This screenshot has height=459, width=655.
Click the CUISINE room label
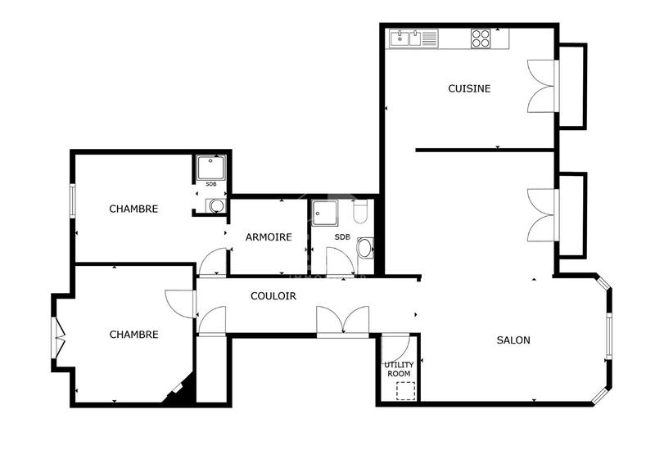click(x=469, y=88)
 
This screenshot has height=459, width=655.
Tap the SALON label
click(x=513, y=340)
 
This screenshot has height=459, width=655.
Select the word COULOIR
click(x=273, y=296)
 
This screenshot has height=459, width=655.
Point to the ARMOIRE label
click(x=269, y=237)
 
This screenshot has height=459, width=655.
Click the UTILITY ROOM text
click(x=399, y=369)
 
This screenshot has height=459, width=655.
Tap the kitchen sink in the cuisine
click(x=413, y=38)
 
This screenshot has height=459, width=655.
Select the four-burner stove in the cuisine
click(x=481, y=38)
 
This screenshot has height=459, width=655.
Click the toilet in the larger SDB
click(x=360, y=213)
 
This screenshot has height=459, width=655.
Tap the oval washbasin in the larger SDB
click(x=365, y=247)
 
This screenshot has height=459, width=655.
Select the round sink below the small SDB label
click(x=215, y=205)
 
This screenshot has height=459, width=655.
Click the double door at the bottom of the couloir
click(x=343, y=321)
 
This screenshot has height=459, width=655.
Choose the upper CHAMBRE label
click(x=133, y=209)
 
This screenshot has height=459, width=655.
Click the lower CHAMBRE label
click(x=133, y=334)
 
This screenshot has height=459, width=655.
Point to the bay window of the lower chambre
click(x=58, y=334)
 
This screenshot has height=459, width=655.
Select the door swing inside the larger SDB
click(x=340, y=262)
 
